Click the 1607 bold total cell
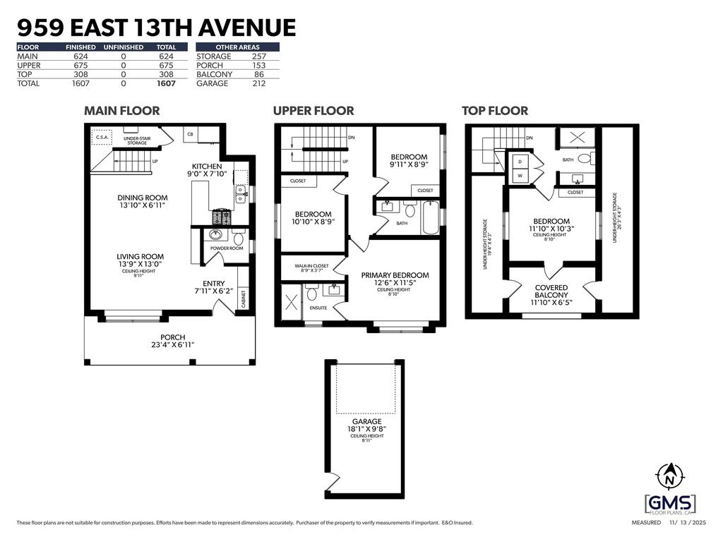[x=166, y=83]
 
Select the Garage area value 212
[x=258, y=83]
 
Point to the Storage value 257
[x=258, y=56]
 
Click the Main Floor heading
[x=121, y=111]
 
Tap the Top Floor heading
[x=494, y=111]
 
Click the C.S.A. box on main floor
[x=102, y=138]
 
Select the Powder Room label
[x=226, y=248]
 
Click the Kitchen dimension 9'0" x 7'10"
[x=207, y=174]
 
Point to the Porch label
[x=173, y=337]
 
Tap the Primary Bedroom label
[x=395, y=275]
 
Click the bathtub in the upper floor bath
[x=429, y=219]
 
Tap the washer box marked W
[x=520, y=176]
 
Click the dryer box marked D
[x=520, y=162]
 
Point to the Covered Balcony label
[x=551, y=291]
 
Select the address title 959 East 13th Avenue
[x=155, y=28]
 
